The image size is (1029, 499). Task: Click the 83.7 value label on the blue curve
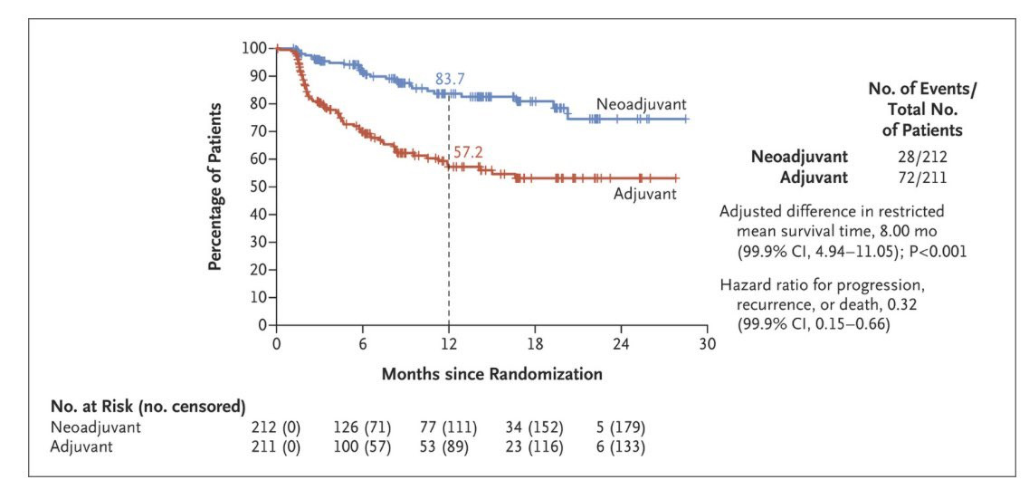(450, 80)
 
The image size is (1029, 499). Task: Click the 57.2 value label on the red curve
(468, 152)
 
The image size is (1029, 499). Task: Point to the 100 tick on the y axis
(254, 48)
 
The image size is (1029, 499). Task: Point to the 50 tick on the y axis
(258, 187)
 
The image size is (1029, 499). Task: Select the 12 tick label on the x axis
(449, 344)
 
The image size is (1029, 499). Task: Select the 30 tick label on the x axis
(707, 344)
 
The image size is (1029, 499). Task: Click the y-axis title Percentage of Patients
(215, 186)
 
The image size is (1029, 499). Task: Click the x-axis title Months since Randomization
(491, 373)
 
